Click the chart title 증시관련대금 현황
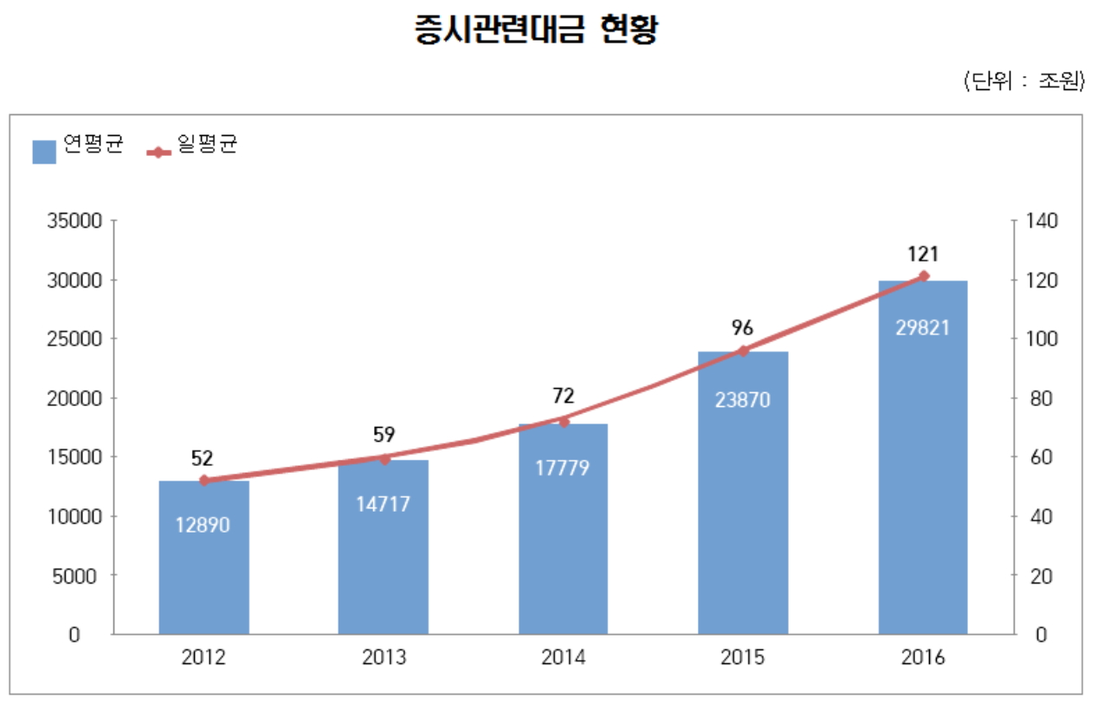coord(537,30)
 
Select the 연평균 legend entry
coord(78,147)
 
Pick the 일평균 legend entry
coord(193,147)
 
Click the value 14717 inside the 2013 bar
coord(384,503)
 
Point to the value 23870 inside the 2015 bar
coord(743,401)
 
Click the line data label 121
coord(923,254)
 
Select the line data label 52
coord(203,458)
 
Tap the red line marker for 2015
coord(743,351)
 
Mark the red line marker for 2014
coord(564,422)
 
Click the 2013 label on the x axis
coord(384,657)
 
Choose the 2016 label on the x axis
coord(923,657)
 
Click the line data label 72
coord(564,397)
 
